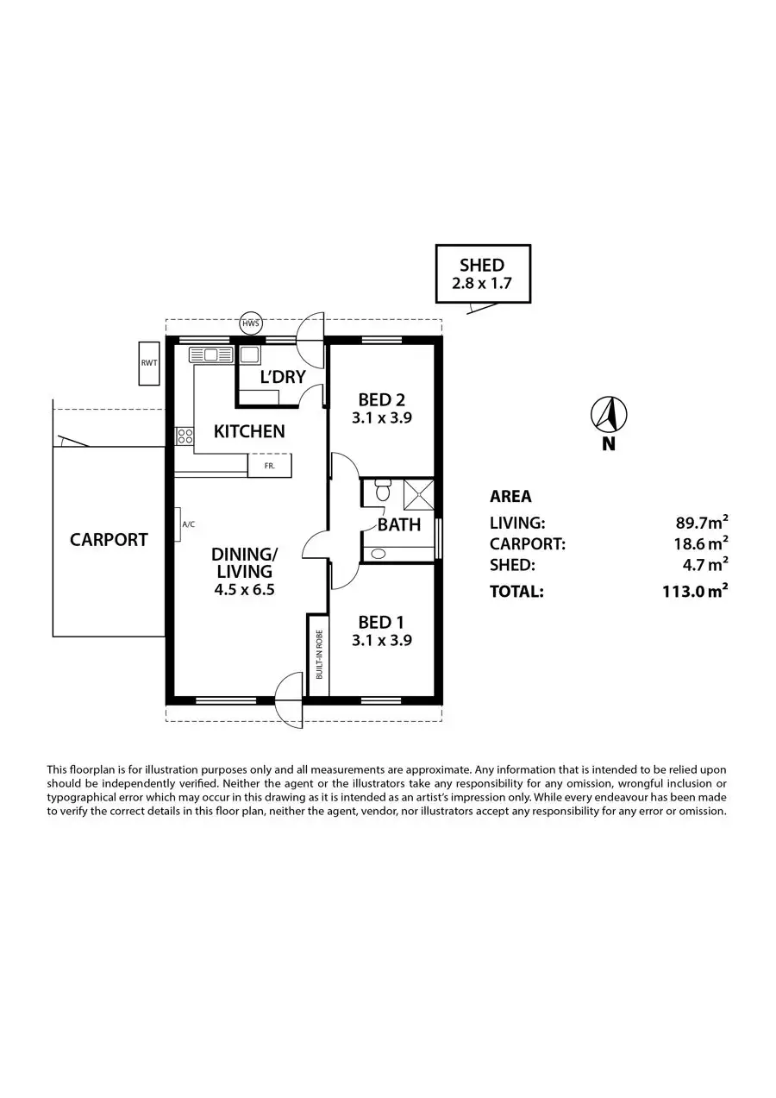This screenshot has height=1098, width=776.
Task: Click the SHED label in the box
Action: pyautogui.click(x=482, y=266)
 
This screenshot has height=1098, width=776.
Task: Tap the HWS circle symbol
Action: pyautogui.click(x=251, y=324)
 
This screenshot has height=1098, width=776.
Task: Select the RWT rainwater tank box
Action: pyautogui.click(x=149, y=362)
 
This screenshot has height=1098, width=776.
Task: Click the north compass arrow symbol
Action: pyautogui.click(x=609, y=414)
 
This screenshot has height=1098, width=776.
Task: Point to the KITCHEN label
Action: pyautogui.click(x=249, y=431)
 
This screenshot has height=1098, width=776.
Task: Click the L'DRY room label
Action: pyautogui.click(x=283, y=376)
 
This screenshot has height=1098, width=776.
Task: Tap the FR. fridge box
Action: pyautogui.click(x=270, y=465)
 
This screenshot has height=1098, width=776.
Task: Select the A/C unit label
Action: pyautogui.click(x=188, y=524)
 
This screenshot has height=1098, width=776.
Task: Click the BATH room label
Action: pyautogui.click(x=399, y=524)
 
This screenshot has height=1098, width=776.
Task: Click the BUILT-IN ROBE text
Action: pyautogui.click(x=319, y=655)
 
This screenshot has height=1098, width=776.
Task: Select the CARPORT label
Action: pyautogui.click(x=109, y=540)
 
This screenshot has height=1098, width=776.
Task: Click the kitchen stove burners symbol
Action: pyautogui.click(x=185, y=436)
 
